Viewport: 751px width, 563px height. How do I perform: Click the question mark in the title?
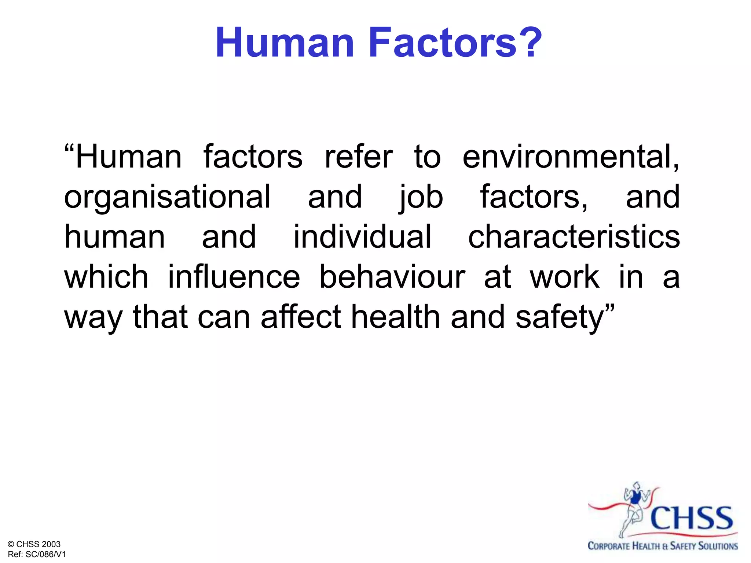coord(527,43)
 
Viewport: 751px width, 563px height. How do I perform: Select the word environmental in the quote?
coord(571,157)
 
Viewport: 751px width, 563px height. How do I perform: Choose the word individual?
coord(362,237)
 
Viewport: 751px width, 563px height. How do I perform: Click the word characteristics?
coord(574,237)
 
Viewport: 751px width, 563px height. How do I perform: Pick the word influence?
coord(234,277)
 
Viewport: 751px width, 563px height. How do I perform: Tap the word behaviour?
coord(392,277)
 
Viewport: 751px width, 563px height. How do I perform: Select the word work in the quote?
coord(565,277)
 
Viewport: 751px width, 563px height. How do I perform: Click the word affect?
coord(301,317)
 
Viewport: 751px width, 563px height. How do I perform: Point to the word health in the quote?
coord(396,317)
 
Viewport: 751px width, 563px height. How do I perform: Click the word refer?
coord(359,157)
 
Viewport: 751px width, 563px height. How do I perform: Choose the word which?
coord(106,277)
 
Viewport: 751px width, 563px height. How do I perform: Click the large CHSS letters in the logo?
coord(691,518)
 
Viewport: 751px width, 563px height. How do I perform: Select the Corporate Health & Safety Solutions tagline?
coord(663,546)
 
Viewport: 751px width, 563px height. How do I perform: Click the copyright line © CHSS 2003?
coord(34,544)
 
